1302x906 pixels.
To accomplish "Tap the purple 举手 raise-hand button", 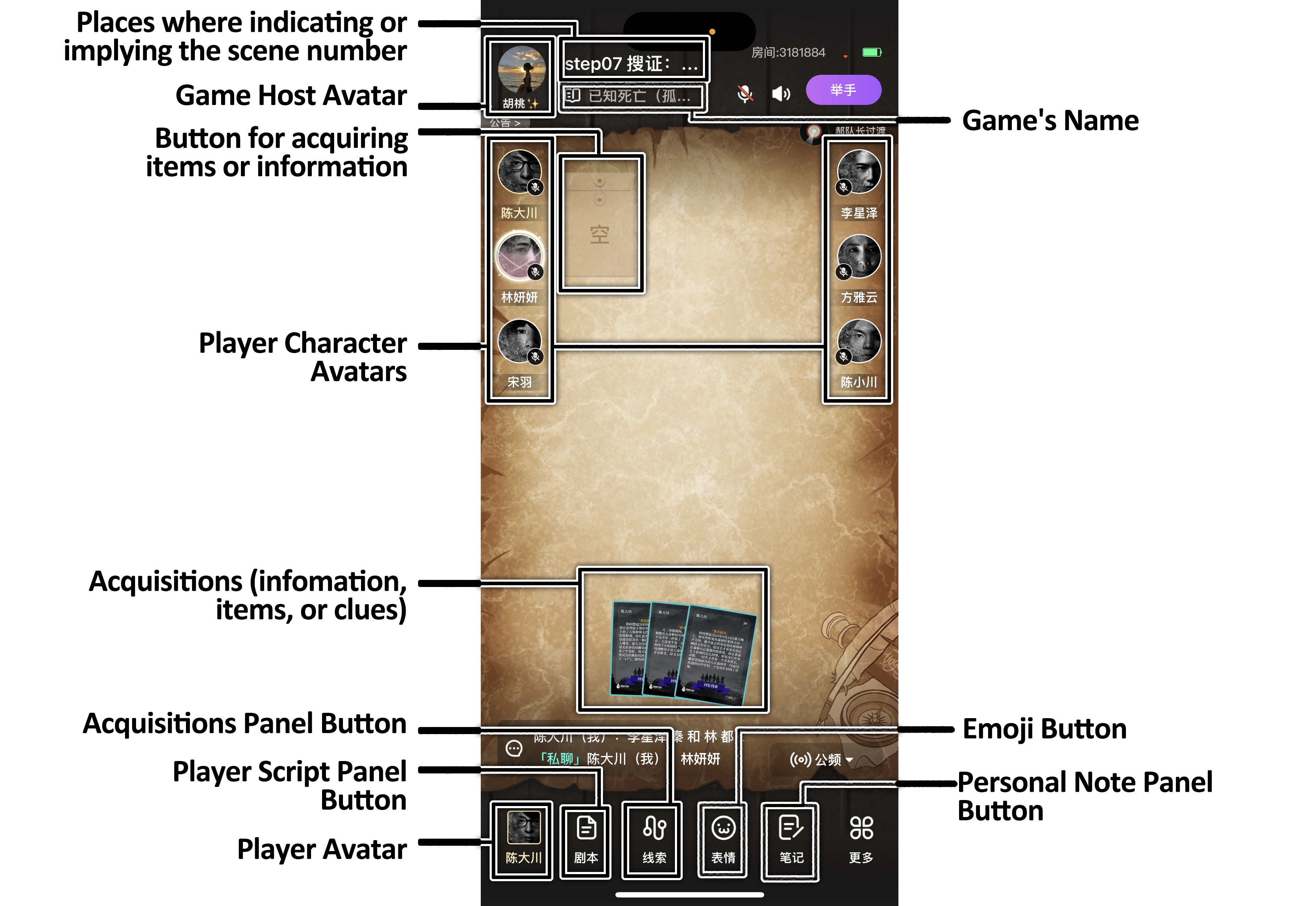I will click(843, 90).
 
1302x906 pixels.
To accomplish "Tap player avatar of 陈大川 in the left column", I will click(519, 171).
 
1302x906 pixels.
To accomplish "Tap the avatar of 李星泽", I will click(859, 171).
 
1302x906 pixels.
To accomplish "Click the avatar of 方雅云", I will click(859, 256).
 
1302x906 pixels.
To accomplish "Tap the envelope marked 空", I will click(600, 224).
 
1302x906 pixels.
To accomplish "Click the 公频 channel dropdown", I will click(821, 759).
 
